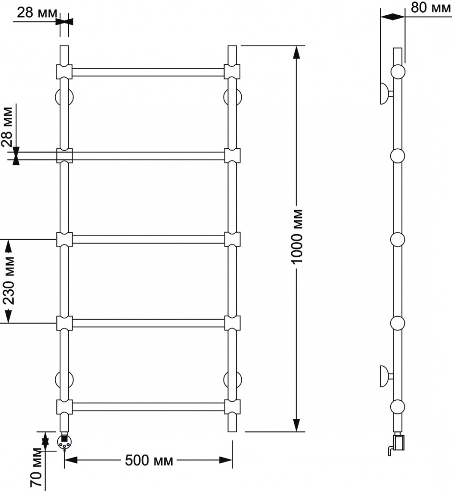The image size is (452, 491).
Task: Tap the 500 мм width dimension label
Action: [149, 461]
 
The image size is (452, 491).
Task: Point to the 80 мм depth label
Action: [431, 7]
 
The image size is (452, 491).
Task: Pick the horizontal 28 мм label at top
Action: [37, 13]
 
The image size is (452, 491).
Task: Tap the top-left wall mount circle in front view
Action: [64, 97]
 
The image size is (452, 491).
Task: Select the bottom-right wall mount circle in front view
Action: [232, 380]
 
